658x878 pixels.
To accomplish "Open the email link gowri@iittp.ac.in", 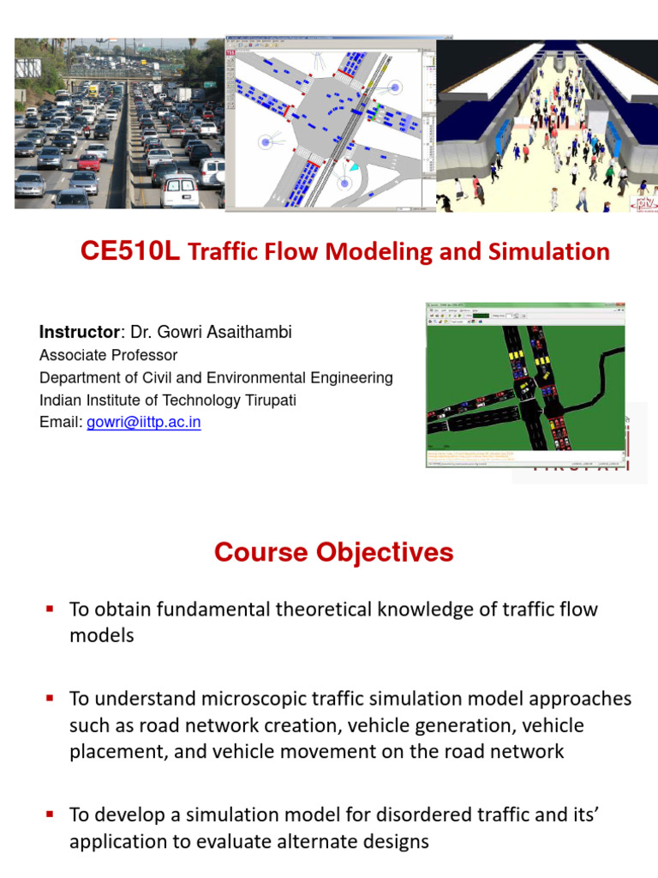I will [x=144, y=423].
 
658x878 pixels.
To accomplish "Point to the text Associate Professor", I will [x=109, y=355].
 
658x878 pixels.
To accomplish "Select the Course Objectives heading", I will [x=334, y=553].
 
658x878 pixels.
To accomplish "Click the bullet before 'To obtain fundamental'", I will [x=50, y=609].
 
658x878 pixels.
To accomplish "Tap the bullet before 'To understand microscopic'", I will [x=50, y=699].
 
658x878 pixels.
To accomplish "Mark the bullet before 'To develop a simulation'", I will [x=50, y=815].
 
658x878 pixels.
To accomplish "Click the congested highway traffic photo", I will [x=119, y=124].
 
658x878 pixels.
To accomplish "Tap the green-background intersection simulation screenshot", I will [x=525, y=384].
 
